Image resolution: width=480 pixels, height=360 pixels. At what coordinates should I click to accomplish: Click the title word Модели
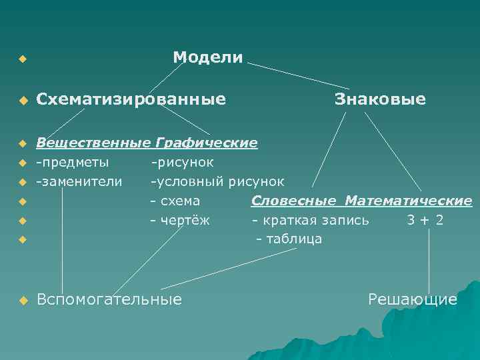(x=207, y=57)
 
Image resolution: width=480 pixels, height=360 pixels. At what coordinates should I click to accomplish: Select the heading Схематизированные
(x=131, y=99)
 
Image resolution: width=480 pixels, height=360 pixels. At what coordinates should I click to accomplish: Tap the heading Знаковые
(x=380, y=99)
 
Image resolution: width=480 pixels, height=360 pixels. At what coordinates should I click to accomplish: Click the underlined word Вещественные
(x=94, y=143)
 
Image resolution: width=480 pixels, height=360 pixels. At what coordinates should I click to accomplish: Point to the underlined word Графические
(x=206, y=143)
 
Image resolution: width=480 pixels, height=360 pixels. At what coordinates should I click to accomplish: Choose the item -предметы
(x=73, y=161)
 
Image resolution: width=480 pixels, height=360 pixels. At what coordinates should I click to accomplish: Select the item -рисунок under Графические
(x=182, y=161)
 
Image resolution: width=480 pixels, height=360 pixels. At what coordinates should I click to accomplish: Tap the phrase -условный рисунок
(x=217, y=181)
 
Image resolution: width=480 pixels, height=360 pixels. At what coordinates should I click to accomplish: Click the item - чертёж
(x=179, y=219)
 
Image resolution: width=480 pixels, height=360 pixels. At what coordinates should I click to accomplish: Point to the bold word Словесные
(x=294, y=200)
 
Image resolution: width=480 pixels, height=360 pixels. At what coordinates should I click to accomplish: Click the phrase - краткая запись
(x=310, y=219)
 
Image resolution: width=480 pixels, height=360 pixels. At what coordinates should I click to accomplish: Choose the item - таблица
(x=289, y=239)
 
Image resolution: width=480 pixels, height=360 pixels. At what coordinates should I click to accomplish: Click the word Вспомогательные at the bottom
(x=109, y=300)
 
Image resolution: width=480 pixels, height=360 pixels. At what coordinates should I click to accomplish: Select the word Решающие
(x=413, y=300)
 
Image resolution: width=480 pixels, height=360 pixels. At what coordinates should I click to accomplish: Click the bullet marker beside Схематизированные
(x=23, y=101)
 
